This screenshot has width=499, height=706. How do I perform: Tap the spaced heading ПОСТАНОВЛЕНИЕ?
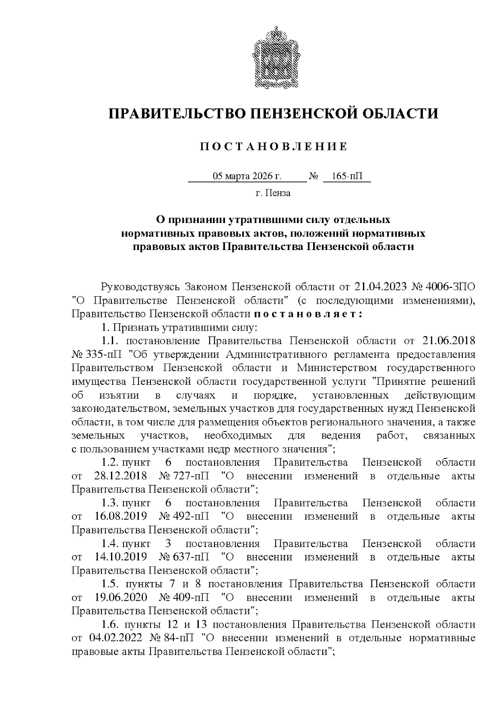[x=274, y=146]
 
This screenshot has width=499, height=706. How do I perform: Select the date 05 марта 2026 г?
[x=247, y=176]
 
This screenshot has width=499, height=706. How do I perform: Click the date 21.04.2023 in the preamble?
[x=380, y=287]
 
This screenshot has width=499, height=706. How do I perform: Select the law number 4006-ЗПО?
[x=452, y=287]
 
